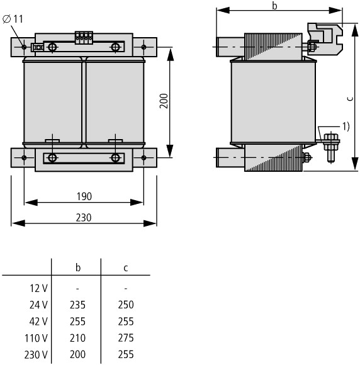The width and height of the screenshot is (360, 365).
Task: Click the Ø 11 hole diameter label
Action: pos(13,19)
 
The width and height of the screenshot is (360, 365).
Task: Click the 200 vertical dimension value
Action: pos(164,101)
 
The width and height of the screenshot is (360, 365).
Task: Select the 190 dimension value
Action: pos(84,196)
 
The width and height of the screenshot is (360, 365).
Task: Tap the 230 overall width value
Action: pos(84,218)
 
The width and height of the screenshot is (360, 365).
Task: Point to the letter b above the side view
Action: pos(275,6)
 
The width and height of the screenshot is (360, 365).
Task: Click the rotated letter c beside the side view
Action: pos(350,99)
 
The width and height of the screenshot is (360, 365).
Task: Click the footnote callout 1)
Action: pos(346,126)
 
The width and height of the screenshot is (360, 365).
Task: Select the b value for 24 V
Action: pos(77,305)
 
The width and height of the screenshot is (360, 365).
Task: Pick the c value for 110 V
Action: pos(126,338)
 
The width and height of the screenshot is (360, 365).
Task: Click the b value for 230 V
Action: pos(77,354)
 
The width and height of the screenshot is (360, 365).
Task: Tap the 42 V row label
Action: pos(38,322)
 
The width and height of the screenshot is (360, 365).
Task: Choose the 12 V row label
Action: pos(38,288)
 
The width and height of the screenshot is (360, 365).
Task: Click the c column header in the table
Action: pos(126,268)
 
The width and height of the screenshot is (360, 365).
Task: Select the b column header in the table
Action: pos(78,267)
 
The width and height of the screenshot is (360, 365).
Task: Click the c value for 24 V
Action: pos(126,305)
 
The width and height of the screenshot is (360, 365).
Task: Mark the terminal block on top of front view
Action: pos(84,38)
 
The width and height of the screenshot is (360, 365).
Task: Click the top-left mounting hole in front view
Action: pos(24,47)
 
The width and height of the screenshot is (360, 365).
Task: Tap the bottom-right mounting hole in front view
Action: pos(143,158)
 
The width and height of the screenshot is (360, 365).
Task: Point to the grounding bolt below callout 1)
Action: pos(331,148)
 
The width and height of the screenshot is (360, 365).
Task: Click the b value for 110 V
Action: pos(77,338)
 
